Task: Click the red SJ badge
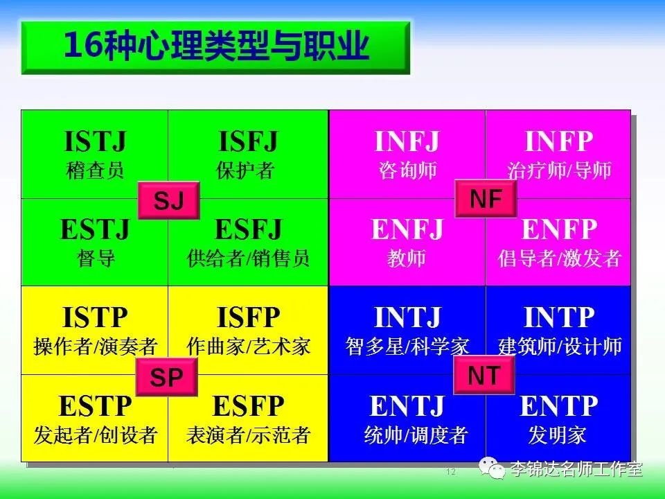(169, 200)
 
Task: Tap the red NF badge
(486, 199)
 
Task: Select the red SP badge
(166, 377)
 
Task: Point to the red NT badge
(484, 375)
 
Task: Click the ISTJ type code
(95, 141)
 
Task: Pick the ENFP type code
(559, 229)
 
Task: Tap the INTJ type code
(407, 317)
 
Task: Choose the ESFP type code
(248, 406)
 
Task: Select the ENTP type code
(558, 406)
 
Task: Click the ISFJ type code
(248, 141)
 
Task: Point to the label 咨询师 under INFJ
(407, 170)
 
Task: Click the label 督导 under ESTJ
(96, 258)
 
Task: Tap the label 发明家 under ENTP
(557, 435)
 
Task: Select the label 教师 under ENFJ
(407, 258)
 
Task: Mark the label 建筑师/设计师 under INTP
(560, 347)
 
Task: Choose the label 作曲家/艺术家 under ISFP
(249, 347)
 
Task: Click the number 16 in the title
(83, 45)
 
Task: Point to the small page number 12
(450, 471)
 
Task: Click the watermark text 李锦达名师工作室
(576, 469)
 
